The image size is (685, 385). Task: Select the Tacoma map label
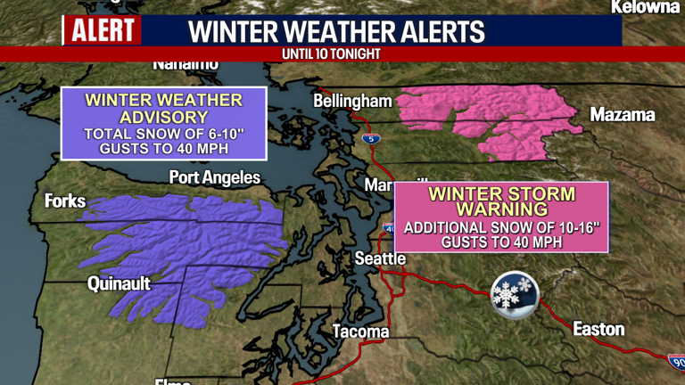coord(360,332)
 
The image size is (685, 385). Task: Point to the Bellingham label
coord(352,102)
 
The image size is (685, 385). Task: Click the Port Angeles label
coord(215,177)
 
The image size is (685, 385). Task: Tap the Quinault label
coord(119,284)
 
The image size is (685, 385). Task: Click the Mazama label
coord(623,115)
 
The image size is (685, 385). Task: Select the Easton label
coord(598,329)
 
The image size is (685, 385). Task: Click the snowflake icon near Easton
coord(515,293)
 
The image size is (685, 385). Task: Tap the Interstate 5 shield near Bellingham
coord(368,138)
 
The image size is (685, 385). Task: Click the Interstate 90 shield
coord(677,360)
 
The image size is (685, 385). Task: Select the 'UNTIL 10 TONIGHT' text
coord(330,54)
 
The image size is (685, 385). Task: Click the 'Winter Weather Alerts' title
coord(337,31)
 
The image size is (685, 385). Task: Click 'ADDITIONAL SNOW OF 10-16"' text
coord(501,227)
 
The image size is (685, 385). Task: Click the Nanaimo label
coord(186,64)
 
